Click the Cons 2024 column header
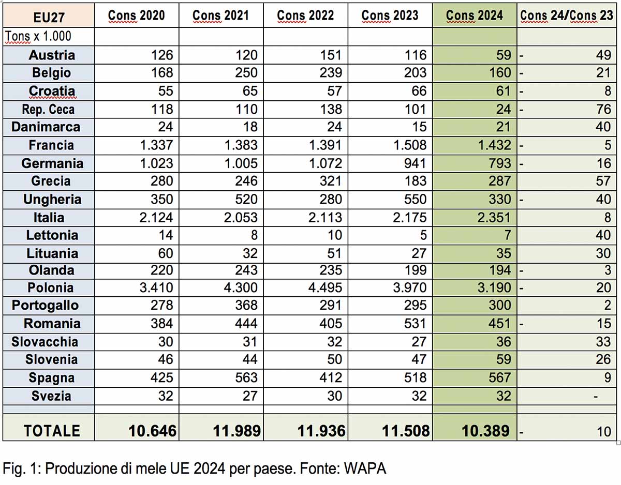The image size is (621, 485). [475, 16]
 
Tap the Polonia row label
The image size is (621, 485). [51, 287]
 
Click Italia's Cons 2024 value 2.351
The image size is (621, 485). [494, 218]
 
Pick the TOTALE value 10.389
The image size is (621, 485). [485, 431]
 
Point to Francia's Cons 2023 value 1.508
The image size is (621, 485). [410, 145]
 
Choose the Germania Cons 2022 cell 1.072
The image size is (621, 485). [325, 163]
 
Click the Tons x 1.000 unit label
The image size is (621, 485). [38, 36]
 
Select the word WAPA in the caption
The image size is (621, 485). [365, 468]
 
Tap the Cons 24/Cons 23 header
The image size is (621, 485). [567, 16]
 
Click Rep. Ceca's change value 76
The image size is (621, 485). [603, 109]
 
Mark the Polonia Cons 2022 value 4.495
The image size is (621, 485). [325, 287]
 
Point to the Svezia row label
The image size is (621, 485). [51, 396]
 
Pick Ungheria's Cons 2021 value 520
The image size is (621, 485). [246, 199]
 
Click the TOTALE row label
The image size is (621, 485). [52, 431]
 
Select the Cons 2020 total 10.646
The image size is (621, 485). [152, 431]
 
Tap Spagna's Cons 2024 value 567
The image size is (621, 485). [499, 377]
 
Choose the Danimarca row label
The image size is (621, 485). [46, 127]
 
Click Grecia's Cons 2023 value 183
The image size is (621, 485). [415, 181]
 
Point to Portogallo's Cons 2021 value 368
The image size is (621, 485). [246, 305]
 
